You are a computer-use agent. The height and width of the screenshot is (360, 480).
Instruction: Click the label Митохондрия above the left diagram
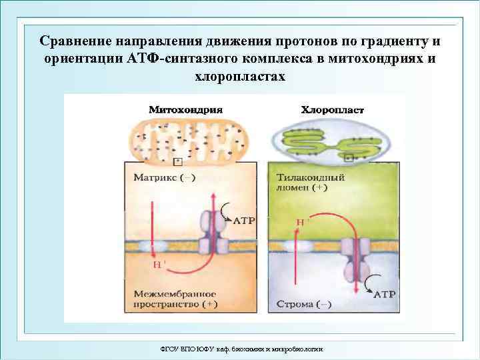(185, 109)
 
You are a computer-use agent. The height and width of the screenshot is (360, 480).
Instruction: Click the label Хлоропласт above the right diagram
(333, 109)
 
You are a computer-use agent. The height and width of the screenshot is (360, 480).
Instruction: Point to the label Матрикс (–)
(165, 178)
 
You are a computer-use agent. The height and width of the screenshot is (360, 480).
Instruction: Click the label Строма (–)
(304, 305)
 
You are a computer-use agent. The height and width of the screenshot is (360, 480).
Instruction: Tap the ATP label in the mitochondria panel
(243, 220)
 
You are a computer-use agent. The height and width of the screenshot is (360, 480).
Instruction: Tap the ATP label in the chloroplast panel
(384, 293)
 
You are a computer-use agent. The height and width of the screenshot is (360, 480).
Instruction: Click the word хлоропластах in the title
(239, 76)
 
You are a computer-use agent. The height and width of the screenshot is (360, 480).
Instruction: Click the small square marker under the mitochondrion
(177, 161)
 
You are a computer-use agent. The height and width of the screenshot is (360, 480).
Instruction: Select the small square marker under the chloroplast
(349, 158)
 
